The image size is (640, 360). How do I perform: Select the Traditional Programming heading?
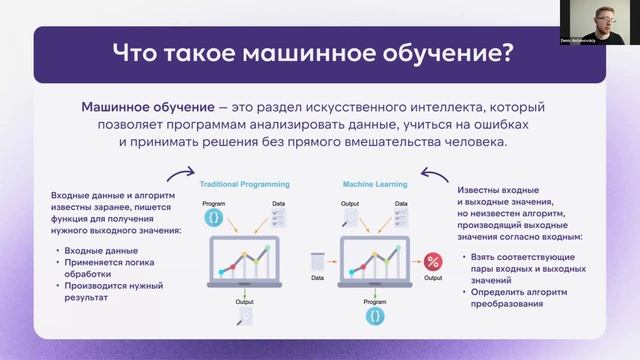(x=244, y=185)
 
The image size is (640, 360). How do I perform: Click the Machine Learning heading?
(x=371, y=185)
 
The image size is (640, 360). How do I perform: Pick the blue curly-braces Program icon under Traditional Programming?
(x=213, y=216)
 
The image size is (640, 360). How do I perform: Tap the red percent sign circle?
(x=433, y=262)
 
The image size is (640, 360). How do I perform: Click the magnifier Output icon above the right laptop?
(x=351, y=216)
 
